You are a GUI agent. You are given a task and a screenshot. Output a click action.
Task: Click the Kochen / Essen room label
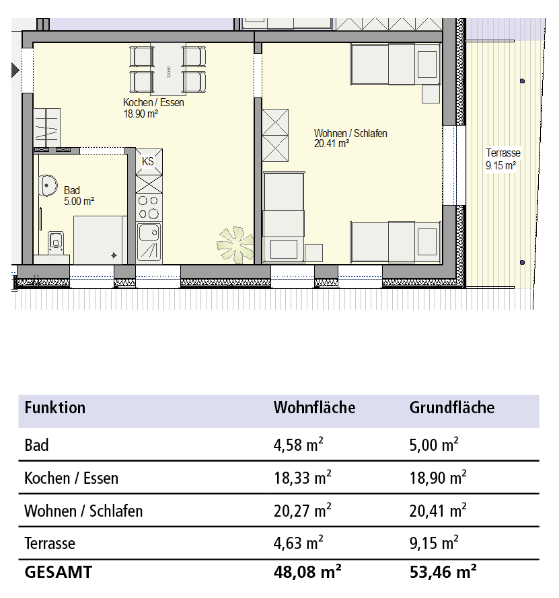153,103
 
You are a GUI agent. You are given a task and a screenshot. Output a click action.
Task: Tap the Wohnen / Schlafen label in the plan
350,134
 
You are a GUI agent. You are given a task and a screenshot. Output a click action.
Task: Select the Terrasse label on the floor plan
503,153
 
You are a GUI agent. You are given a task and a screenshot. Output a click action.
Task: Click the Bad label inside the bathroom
72,190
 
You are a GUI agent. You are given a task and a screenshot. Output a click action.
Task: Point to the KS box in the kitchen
149,162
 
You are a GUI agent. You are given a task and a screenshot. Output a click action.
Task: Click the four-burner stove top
149,208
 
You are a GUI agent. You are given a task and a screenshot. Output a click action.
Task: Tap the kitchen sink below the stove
149,242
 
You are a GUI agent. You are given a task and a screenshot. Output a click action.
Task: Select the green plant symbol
235,245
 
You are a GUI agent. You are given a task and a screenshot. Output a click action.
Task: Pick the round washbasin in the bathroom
48,185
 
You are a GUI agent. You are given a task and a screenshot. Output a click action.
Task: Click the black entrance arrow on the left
15,70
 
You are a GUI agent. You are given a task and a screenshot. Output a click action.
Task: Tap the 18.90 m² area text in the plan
141,114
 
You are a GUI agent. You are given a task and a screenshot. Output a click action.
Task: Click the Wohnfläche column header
314,408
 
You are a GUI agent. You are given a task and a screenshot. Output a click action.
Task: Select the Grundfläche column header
452,408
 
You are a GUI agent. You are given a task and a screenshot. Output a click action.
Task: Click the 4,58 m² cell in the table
299,445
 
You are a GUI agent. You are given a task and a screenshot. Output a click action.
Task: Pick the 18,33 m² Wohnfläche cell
303,478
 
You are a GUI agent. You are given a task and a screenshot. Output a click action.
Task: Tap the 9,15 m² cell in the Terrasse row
434,543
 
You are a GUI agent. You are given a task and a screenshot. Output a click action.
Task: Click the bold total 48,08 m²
307,572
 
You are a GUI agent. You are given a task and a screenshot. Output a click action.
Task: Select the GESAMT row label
59,572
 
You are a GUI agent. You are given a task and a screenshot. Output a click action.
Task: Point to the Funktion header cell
55,408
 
